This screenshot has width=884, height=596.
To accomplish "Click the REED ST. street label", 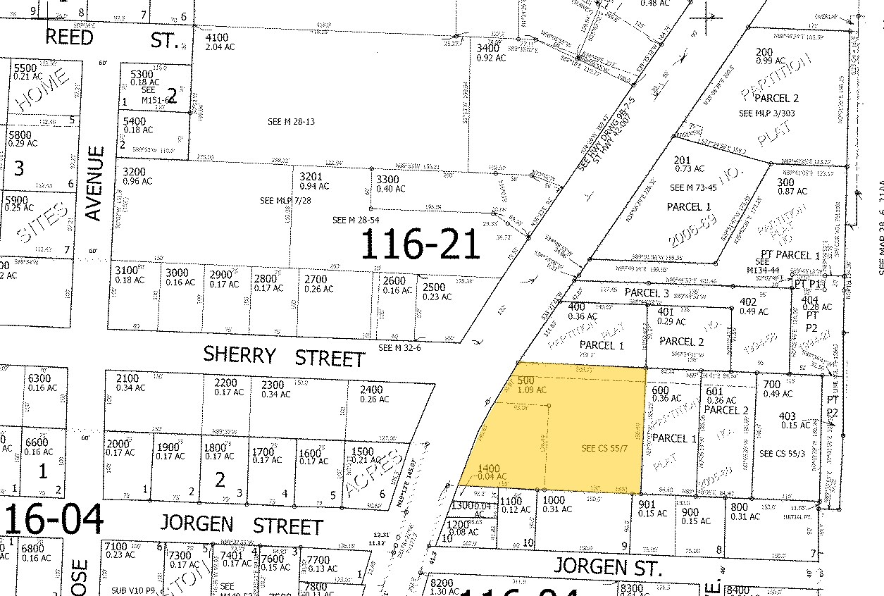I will click(x=112, y=38).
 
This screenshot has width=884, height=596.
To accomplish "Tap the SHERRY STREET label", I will click(x=284, y=356).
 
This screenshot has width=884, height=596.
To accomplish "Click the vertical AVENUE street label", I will click(x=96, y=184).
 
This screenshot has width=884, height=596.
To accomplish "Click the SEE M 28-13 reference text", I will click(x=290, y=122).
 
